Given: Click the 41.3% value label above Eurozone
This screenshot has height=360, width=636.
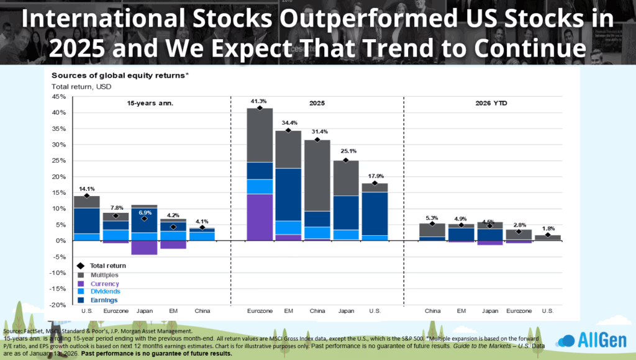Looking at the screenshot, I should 259,101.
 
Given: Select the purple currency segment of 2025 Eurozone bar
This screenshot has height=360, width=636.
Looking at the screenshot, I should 259,217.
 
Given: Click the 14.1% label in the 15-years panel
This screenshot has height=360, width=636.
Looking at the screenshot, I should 86,188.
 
